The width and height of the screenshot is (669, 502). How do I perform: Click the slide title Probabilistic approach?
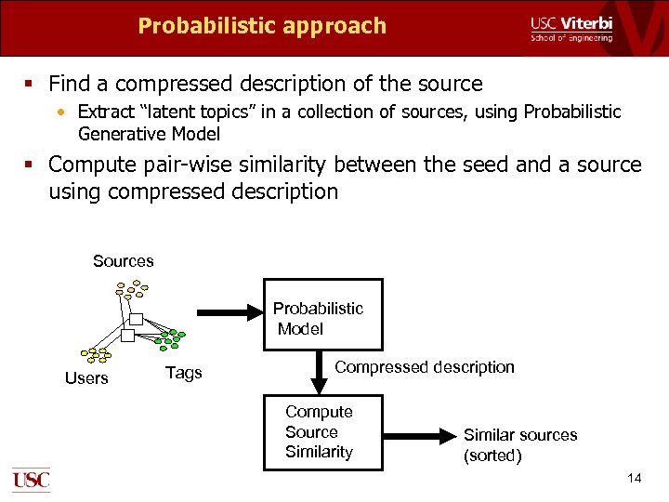261,26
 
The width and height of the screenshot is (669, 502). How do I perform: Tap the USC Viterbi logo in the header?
571,29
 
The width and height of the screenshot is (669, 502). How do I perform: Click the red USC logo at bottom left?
31,479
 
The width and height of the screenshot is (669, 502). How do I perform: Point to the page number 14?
635,478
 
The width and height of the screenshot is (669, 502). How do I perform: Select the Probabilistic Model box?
322,315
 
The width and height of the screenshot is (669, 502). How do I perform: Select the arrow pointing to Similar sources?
417,434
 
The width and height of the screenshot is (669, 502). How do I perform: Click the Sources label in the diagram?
124,261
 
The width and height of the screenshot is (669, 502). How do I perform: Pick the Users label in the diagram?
86,378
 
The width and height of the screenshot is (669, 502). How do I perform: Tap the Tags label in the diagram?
183,373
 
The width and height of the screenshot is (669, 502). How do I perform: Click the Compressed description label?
424,367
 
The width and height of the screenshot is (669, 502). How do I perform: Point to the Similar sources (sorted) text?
519,445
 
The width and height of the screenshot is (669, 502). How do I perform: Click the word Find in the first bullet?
70,84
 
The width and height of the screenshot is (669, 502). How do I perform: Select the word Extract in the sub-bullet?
106,112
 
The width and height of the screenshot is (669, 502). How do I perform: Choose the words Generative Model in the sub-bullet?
149,134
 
